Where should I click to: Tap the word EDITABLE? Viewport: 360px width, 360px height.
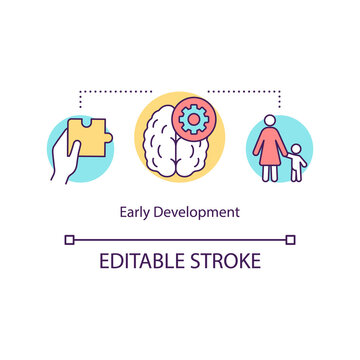(x=141, y=262)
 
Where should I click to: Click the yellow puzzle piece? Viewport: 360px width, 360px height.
(x=91, y=138)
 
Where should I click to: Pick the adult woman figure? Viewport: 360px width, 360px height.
(x=270, y=145)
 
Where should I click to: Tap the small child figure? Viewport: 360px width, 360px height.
(x=296, y=160)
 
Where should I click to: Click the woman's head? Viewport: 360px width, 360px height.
(x=270, y=121)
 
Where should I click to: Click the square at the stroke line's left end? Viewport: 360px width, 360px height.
(x=69, y=239)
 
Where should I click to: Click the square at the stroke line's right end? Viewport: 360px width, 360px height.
(x=291, y=239)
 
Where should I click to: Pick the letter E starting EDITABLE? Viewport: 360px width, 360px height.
(x=103, y=262)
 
